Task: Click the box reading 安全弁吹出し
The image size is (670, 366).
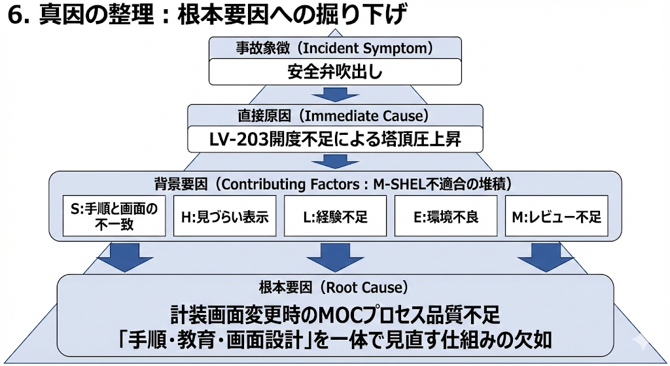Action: point(335,72)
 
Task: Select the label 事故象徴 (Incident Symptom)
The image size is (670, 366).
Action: point(335,48)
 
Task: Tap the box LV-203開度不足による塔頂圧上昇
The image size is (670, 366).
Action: point(335,139)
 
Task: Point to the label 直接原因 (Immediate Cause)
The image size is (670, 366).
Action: point(335,116)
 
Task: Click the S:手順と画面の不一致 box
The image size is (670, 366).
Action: point(113,216)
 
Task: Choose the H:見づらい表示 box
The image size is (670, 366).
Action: point(224,216)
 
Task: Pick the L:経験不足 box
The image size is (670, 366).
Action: point(335,216)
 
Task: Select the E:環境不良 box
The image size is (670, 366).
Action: point(446,216)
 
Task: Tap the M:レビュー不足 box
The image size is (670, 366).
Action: point(557,216)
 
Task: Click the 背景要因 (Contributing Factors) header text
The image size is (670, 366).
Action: point(335,184)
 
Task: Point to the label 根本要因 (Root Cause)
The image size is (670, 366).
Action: point(335,287)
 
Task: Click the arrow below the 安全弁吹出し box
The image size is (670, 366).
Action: point(335,94)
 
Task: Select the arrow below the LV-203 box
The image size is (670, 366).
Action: point(335,161)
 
